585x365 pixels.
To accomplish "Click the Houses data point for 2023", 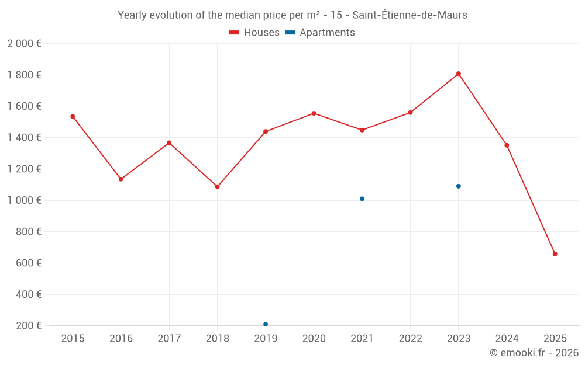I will tap(459, 74).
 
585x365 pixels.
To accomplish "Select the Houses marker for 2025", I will tap(555, 254).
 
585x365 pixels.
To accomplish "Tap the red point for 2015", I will tap(73, 116).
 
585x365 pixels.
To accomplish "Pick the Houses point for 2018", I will tap(218, 187).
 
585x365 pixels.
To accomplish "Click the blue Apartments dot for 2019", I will tap(266, 324).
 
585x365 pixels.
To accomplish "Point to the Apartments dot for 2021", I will tap(362, 199).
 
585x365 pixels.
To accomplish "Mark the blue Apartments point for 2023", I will tap(459, 186).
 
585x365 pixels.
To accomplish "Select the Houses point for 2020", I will tap(314, 113).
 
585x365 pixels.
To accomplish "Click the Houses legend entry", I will tap(254, 33).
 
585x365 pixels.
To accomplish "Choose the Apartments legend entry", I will tap(320, 33).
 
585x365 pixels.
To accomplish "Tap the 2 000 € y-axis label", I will tap(24, 44).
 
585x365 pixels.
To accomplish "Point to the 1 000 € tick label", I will tap(24, 200).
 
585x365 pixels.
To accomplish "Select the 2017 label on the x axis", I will tap(169, 339).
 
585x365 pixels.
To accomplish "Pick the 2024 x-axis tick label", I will tap(507, 339).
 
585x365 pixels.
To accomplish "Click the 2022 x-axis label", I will tap(410, 339).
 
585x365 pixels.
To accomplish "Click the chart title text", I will tap(292, 15).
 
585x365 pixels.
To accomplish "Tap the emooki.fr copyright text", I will tap(534, 353).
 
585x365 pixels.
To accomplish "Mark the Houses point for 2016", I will tap(121, 179).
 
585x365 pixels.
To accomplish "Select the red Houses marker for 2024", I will tap(507, 145).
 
